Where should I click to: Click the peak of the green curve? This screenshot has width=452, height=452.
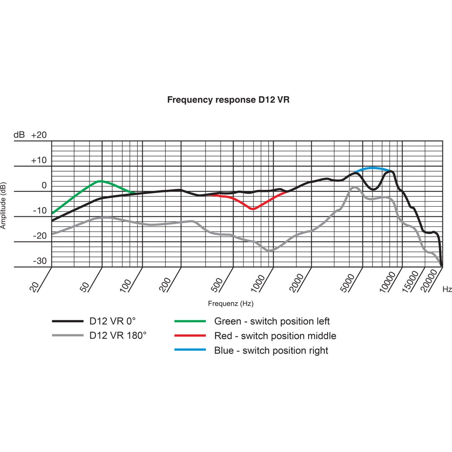[100, 180]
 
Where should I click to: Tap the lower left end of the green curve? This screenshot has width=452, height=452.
[53, 213]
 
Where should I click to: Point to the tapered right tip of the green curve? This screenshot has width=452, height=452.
[136, 193]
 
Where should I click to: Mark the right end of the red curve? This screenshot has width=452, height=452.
[287, 193]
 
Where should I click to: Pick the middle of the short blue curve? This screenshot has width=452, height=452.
[372, 168]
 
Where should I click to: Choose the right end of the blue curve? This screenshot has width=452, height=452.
[391, 170]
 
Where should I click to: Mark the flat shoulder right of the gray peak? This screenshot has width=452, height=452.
[375, 198]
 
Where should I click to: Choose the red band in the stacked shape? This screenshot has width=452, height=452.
[184, 335]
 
